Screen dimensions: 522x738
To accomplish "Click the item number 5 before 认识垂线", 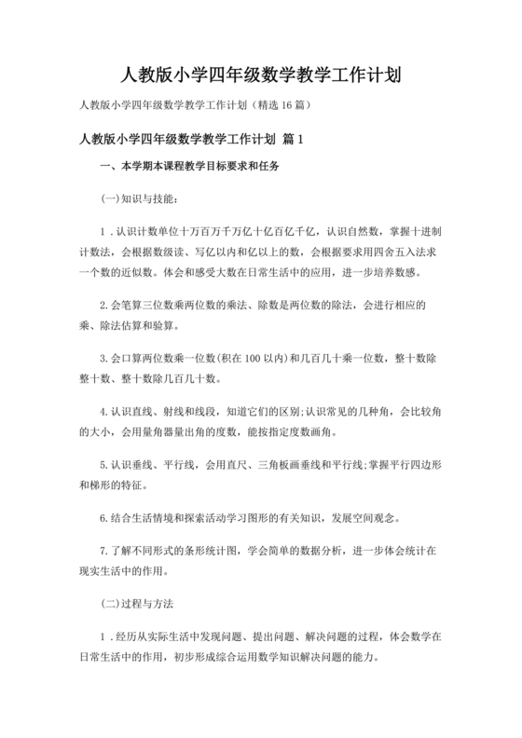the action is pyautogui.click(x=103, y=464).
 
